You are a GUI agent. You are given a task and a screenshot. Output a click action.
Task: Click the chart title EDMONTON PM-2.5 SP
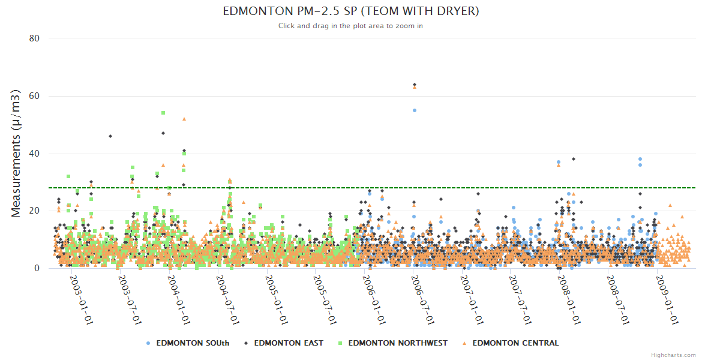[351, 11]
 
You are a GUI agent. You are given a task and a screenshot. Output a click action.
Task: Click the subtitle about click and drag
[351, 26]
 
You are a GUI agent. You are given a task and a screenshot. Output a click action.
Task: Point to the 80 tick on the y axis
[34, 38]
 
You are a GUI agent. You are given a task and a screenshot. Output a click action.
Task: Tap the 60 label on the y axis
[34, 96]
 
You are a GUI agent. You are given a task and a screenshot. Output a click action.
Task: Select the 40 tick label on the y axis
[34, 154]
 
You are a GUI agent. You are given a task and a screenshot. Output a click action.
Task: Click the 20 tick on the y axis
[34, 211]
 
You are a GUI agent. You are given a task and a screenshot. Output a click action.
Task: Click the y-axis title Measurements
[16, 153]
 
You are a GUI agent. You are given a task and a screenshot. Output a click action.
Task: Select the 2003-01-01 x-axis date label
[81, 300]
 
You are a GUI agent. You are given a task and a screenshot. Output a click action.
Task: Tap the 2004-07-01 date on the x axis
[229, 300]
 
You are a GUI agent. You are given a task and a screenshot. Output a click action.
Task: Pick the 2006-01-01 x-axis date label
[374, 300]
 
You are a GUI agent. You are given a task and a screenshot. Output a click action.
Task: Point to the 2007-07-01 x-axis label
[521, 300]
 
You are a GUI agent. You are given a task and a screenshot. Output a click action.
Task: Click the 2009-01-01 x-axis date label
[668, 300]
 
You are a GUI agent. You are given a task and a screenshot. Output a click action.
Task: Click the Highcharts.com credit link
[673, 355]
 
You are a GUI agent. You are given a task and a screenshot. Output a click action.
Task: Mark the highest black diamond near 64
[415, 85]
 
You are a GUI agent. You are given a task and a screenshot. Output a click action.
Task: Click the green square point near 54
[163, 113]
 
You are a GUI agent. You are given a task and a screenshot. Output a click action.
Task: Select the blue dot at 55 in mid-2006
[415, 110]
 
